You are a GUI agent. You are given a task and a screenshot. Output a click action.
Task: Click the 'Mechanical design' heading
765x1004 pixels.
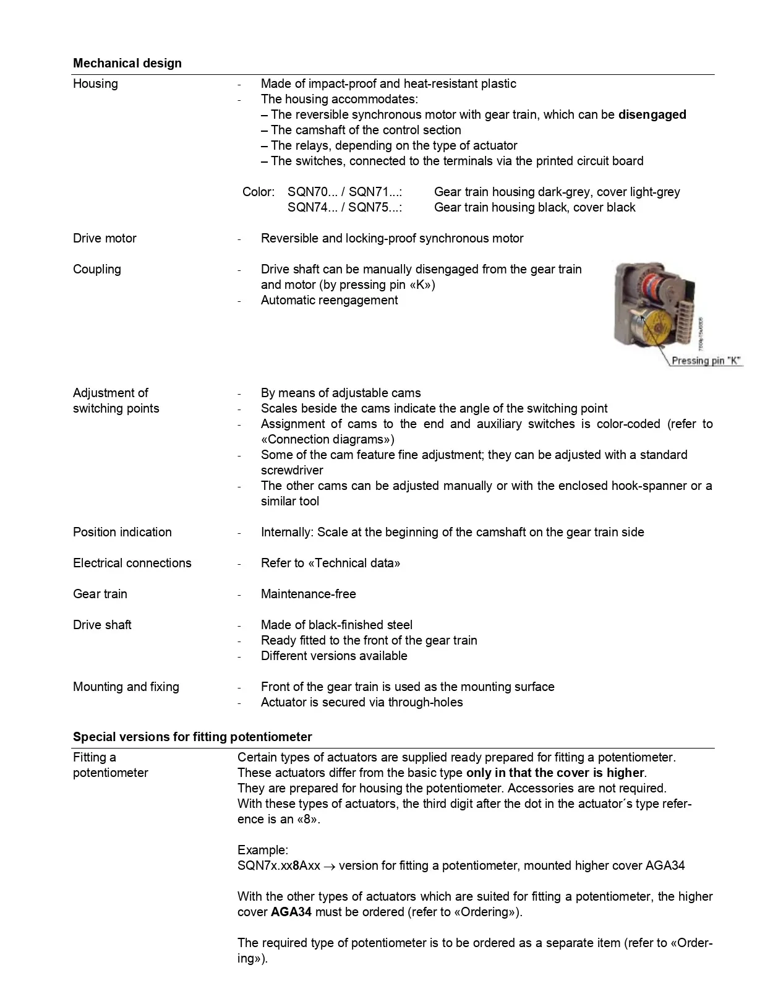127,63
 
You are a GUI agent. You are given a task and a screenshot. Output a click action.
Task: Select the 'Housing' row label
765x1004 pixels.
95,84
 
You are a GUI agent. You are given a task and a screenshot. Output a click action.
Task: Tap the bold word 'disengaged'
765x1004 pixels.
652,114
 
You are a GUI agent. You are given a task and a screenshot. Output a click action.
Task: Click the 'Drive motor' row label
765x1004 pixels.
105,238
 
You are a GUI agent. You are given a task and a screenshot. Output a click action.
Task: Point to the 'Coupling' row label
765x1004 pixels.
97,269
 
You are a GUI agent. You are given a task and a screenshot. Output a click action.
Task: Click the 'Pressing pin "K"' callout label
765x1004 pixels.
706,361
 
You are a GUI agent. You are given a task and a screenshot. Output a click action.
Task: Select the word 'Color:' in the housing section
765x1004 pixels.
259,192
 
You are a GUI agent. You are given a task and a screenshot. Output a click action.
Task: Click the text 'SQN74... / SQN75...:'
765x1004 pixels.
344,207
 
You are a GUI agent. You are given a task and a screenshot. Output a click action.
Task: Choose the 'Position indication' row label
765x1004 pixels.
122,532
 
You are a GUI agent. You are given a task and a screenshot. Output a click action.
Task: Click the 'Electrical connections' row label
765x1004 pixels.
132,563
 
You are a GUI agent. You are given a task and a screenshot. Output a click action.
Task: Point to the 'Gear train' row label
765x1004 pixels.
100,594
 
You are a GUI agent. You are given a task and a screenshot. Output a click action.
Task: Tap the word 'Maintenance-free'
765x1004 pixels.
308,594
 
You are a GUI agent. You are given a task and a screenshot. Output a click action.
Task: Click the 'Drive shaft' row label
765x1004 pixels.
102,625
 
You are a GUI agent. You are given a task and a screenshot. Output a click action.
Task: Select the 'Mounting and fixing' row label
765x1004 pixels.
126,687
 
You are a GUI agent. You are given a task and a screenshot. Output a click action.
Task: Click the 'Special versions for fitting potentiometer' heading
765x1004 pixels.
192,737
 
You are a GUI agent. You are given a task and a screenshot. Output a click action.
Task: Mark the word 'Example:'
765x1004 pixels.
263,850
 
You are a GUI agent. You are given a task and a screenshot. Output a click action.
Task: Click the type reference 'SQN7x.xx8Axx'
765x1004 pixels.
278,865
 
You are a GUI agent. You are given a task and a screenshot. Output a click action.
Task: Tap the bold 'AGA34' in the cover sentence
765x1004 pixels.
291,912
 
